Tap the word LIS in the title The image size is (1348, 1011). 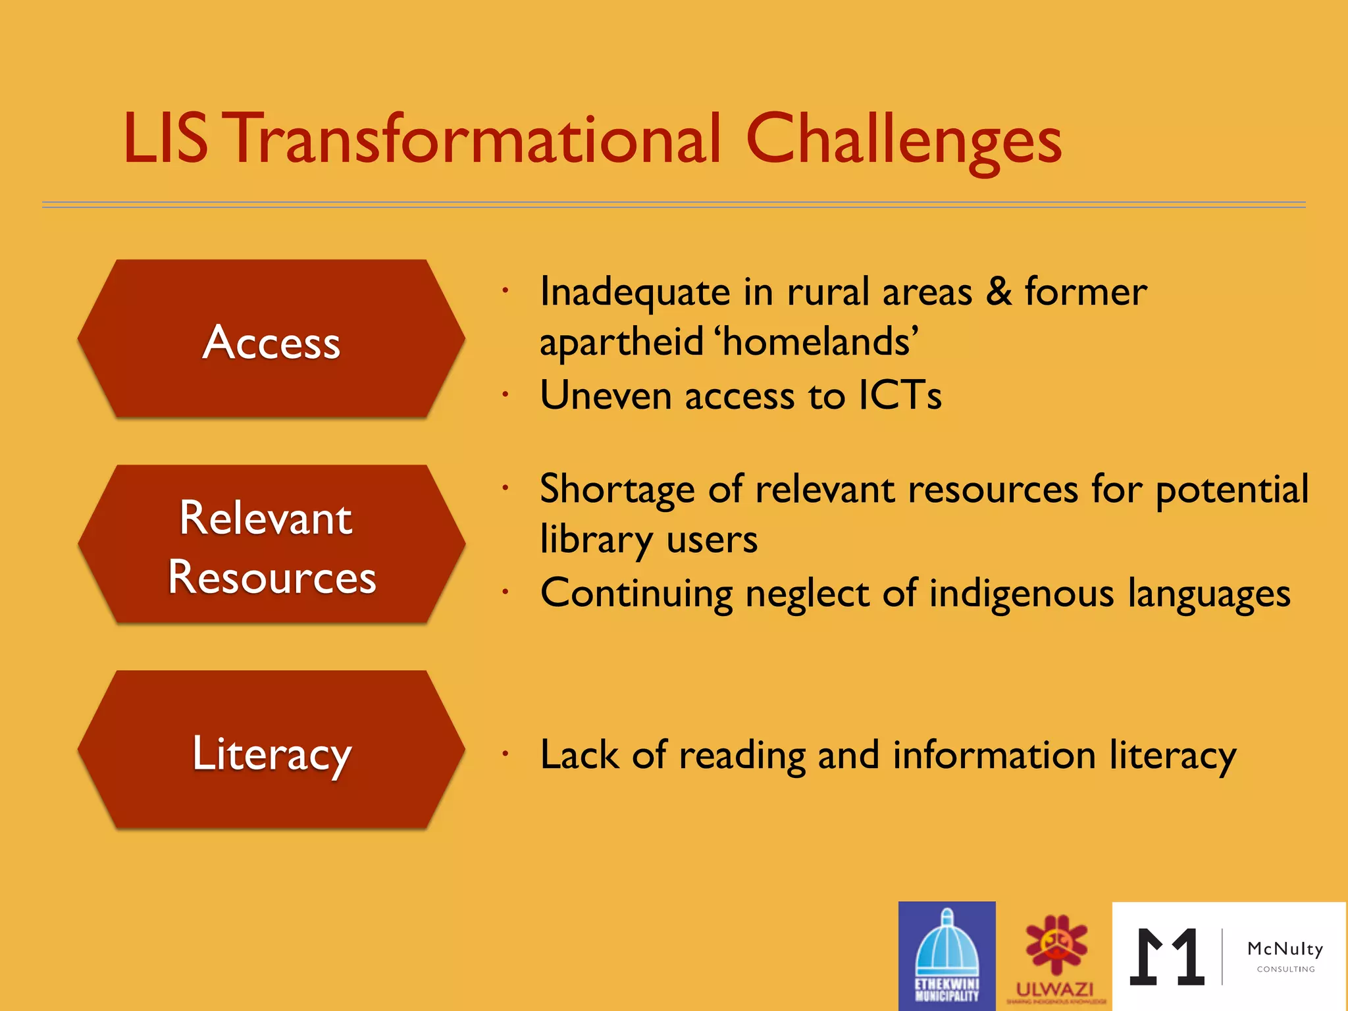point(165,140)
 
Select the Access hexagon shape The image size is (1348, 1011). point(271,340)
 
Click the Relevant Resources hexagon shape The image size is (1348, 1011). point(271,545)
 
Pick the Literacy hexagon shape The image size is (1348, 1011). point(271,750)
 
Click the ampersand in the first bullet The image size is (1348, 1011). point(998,292)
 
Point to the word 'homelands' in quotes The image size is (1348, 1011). point(818,342)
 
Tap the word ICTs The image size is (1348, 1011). point(900,395)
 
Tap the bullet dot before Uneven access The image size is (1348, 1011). point(505,395)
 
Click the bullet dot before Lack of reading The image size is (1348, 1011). point(505,754)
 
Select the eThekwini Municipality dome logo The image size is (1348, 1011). point(946,954)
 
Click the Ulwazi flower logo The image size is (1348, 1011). point(1055,948)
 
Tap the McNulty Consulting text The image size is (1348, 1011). point(1285,955)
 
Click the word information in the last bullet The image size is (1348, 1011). point(994,756)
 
